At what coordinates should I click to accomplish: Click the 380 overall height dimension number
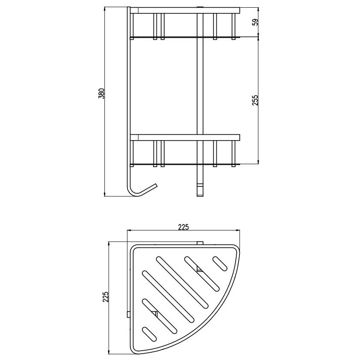click(x=101, y=94)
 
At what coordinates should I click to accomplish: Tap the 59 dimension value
click(x=255, y=22)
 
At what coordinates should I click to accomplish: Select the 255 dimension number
click(x=255, y=100)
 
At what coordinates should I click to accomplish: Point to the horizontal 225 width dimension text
click(x=183, y=227)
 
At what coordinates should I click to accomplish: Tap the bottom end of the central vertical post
click(x=200, y=196)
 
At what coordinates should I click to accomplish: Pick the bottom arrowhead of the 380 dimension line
click(x=105, y=195)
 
